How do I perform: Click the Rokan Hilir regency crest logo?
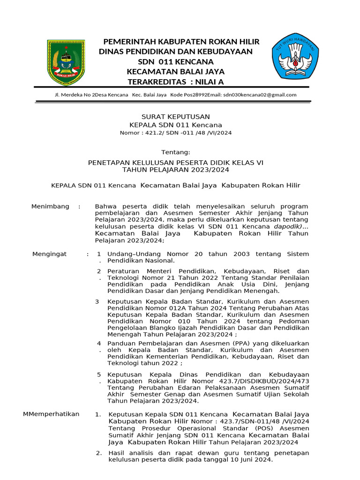point(66,63)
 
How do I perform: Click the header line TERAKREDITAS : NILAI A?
point(176,82)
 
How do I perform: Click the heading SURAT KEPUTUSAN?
point(176,117)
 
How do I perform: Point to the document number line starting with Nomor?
point(176,133)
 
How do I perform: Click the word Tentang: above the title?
point(176,152)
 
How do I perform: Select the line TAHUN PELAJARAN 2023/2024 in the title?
point(176,170)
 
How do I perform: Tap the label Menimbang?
point(50,207)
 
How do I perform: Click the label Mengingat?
point(49,254)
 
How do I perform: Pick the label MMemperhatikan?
point(51,414)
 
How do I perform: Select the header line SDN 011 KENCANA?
point(176,62)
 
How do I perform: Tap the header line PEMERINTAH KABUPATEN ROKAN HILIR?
point(181,42)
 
